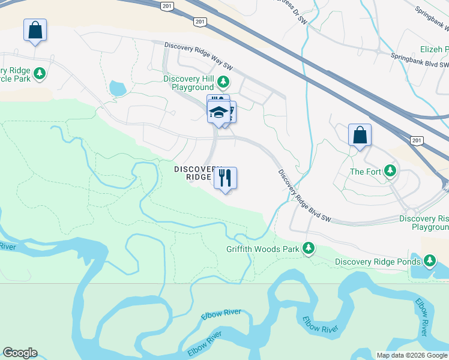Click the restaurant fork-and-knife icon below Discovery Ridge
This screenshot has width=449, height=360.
225,178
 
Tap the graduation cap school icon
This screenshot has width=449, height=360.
218,112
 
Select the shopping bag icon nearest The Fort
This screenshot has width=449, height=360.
360,135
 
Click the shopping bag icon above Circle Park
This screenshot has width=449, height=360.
35,30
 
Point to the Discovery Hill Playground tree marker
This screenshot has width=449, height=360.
223,81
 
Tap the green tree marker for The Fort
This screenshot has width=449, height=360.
390,172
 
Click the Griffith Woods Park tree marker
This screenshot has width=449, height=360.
309,248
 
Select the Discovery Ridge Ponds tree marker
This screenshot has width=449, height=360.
430,260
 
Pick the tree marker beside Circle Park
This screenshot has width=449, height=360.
40,74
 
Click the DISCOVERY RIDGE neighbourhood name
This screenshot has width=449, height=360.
197,173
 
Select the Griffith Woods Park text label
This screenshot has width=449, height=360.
262,248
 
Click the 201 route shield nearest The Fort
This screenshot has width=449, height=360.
418,140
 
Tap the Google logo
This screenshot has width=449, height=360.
20,353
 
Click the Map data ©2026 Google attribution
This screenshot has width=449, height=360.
411,355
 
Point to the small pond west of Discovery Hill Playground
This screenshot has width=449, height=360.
117,89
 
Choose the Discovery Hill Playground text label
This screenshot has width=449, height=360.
188,83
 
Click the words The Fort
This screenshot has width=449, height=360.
366,172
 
